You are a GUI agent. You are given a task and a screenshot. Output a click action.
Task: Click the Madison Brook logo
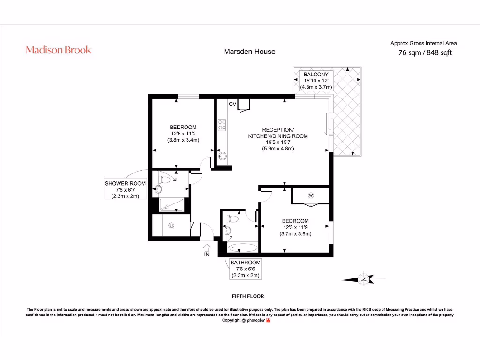59,50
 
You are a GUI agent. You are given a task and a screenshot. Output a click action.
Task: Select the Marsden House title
249,52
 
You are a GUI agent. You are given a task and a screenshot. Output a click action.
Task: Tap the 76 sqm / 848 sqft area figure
425,53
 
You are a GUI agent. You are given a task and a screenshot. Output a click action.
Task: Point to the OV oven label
232,104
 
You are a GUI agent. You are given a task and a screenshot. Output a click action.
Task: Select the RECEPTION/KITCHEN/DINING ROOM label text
277,139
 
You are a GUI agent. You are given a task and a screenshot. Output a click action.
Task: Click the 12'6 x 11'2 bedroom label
183,134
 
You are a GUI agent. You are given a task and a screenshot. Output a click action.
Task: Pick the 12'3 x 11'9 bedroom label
295,227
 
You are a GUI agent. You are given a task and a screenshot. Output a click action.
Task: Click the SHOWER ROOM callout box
125,190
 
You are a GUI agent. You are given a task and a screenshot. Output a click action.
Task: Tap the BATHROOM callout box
245,269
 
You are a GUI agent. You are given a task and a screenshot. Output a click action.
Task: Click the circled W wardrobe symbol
310,195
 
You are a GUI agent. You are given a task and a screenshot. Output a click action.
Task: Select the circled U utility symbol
171,225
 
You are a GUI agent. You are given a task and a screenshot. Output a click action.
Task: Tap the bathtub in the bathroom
242,247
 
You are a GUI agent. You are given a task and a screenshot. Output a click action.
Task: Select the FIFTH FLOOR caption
248,296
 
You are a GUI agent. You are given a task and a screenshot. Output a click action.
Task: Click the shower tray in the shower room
172,204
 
